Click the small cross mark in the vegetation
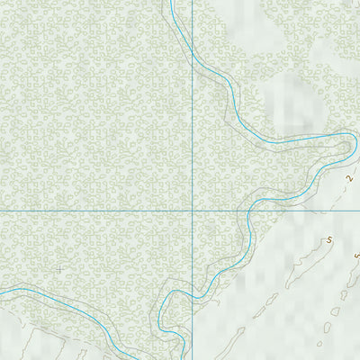(x=59, y=268)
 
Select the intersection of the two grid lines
(x=193, y=211)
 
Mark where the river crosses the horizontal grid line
(x=247, y=211)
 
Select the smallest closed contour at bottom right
(x=319, y=342)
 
